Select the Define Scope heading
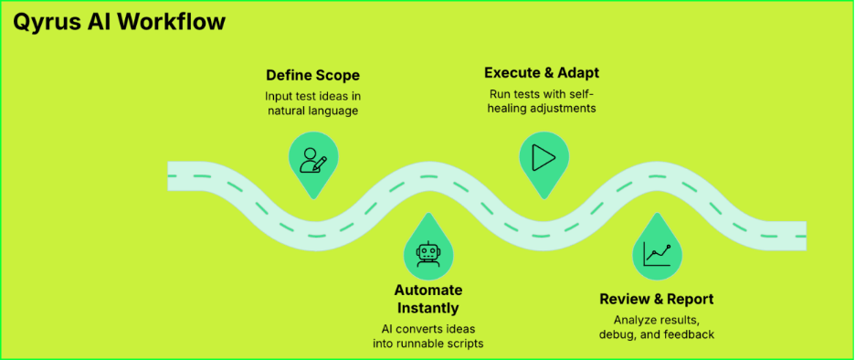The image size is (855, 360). [x=312, y=75]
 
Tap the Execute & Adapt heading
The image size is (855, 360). [x=541, y=73]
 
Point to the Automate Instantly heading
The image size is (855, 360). [x=427, y=299]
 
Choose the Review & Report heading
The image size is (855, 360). [x=656, y=299]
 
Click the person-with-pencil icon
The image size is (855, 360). [x=312, y=159]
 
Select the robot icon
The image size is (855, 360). [x=427, y=253]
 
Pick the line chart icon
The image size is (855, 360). [x=657, y=253]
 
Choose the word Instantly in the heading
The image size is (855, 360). [x=427, y=308]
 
